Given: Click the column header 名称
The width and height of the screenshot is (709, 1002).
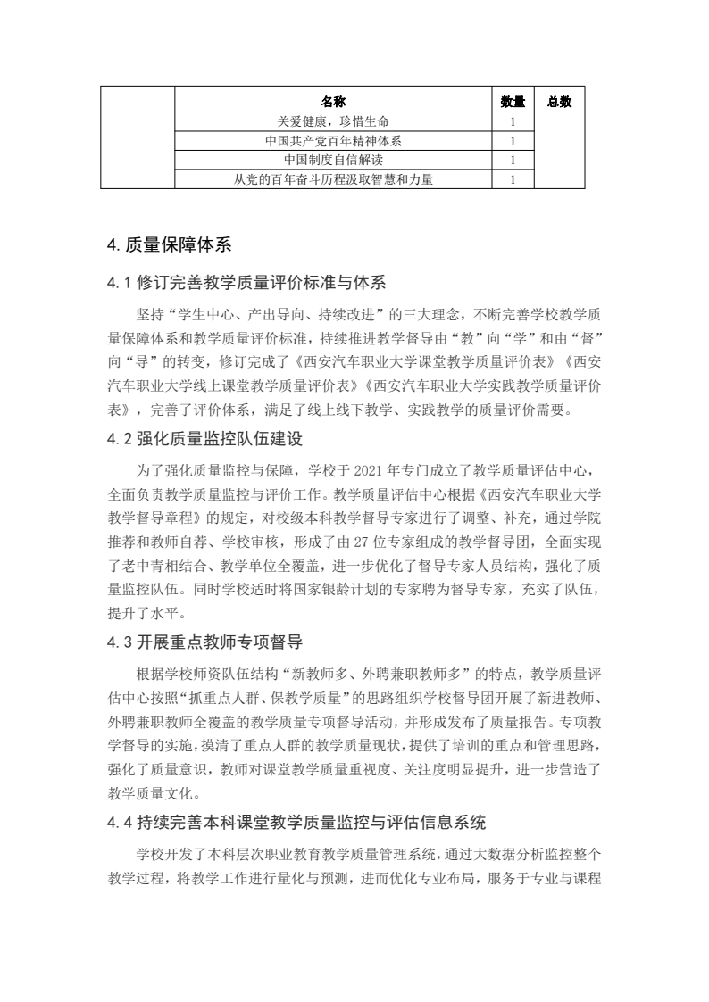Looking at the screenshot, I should [333, 102].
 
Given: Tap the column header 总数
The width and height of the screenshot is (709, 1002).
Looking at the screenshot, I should [559, 102].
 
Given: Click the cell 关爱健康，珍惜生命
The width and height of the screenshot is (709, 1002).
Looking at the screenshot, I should [333, 121].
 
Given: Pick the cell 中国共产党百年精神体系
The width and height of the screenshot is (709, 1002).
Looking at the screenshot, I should [333, 141].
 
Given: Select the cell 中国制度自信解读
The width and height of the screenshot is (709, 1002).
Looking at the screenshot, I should [333, 161].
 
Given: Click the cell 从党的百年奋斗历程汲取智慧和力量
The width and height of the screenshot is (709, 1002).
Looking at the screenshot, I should [333, 180].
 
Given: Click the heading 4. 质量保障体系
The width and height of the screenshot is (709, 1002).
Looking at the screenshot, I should [169, 245].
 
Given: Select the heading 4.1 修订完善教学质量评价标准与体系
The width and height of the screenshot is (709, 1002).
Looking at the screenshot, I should [246, 284].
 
